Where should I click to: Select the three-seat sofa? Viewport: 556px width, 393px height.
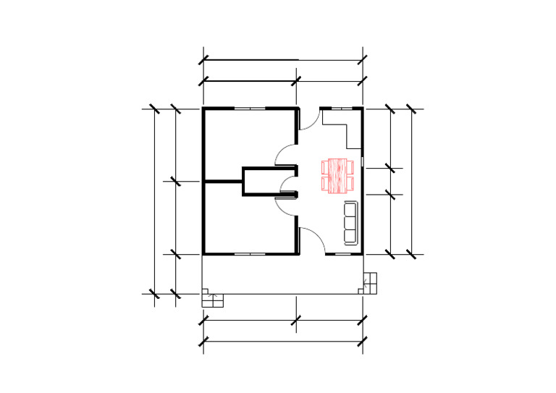[x=350, y=223]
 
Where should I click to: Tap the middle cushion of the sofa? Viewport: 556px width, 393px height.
[x=350, y=223]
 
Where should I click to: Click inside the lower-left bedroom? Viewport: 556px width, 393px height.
[x=246, y=224]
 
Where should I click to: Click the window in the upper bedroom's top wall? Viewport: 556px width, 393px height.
[x=250, y=109]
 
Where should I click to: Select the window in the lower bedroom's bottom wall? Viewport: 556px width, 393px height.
[x=250, y=254]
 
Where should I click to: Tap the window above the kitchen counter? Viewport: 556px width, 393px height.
[x=341, y=109]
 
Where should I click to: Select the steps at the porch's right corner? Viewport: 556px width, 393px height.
[x=371, y=282]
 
